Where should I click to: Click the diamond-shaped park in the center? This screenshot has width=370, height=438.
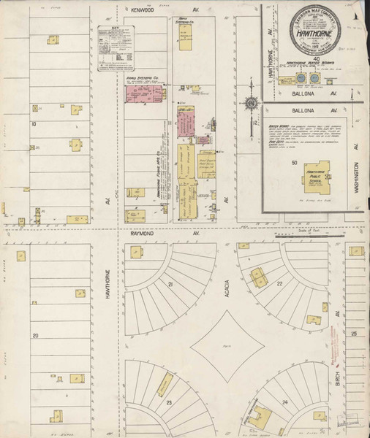(x=227, y=339)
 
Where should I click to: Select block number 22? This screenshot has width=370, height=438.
(x=280, y=283)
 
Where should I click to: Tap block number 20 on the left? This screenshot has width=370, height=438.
(x=34, y=336)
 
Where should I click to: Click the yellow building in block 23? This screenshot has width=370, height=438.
(x=165, y=385)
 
